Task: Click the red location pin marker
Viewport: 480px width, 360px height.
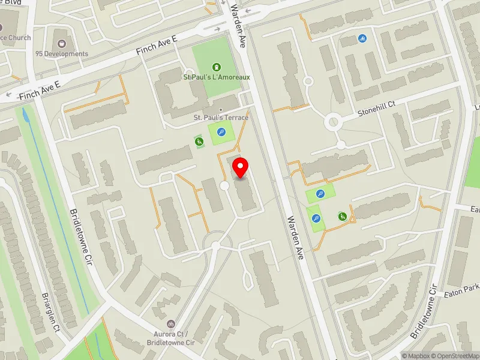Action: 241,167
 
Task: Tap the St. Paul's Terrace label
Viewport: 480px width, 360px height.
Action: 221,118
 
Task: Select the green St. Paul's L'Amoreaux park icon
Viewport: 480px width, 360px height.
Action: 216,67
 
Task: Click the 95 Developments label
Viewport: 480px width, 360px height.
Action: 61,54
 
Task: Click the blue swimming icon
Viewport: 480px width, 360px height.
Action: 363,40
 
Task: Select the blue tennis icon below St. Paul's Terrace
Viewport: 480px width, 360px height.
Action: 221,133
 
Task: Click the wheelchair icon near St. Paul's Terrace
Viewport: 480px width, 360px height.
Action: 199,142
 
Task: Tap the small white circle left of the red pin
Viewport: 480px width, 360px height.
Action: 225,187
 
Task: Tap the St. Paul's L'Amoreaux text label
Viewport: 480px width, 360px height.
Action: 216,77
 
